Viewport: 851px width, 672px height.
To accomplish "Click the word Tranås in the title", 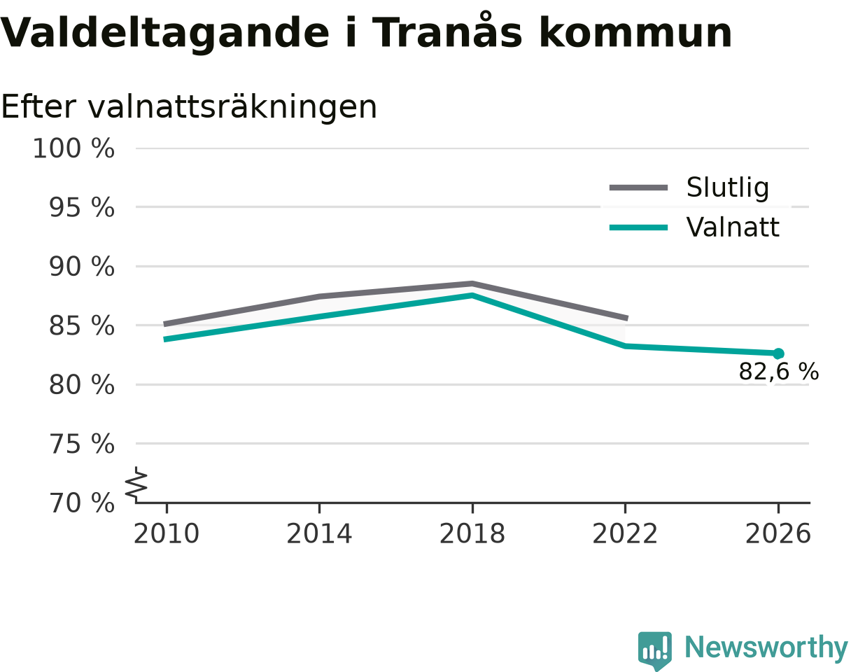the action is (x=447, y=31).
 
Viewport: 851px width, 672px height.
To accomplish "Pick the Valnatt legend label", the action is (x=733, y=227).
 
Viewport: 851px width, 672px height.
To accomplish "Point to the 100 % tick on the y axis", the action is (x=73, y=148).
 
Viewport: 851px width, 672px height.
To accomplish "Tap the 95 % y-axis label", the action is (x=81, y=208).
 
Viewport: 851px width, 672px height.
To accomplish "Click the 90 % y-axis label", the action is (x=81, y=267).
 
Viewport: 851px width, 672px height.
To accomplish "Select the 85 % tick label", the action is (x=81, y=326).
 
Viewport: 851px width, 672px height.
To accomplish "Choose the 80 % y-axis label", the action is (x=81, y=385).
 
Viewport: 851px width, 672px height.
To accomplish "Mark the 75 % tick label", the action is (x=81, y=444).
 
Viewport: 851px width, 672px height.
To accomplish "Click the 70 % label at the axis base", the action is (x=81, y=503).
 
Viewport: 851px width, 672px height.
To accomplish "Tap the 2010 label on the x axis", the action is (x=167, y=534).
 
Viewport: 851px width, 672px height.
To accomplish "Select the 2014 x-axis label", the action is (x=319, y=534).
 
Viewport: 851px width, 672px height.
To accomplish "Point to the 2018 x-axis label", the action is (x=472, y=534).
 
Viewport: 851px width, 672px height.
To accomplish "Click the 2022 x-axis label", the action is (x=625, y=534).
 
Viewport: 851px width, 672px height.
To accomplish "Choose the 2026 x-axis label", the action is (x=778, y=534).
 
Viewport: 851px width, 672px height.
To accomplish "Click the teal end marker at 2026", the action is (x=778, y=353).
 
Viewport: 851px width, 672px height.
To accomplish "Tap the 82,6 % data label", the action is (x=779, y=372).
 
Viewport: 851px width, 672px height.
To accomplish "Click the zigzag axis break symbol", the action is (x=136, y=482).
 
